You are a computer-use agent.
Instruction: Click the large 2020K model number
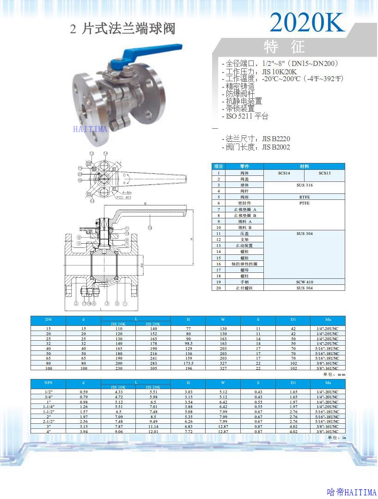pyautogui.click(x=307, y=22)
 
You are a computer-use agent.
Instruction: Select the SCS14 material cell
pyautogui.click(x=284, y=173)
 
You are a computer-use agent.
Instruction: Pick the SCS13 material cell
pyautogui.click(x=324, y=173)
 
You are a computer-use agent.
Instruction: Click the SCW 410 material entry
pyautogui.click(x=304, y=282)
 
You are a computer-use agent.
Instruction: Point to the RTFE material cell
pyautogui.click(x=304, y=197)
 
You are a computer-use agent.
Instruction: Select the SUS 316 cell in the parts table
pyautogui.click(x=304, y=185)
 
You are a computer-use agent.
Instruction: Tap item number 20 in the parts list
pyautogui.click(x=219, y=288)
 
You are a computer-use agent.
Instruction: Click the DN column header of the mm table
pyautogui.click(x=49, y=319)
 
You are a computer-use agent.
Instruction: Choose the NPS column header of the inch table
pyautogui.click(x=49, y=383)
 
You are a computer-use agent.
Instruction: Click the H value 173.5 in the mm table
pyautogui.click(x=188, y=363)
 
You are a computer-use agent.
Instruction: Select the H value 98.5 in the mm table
pyautogui.click(x=188, y=343)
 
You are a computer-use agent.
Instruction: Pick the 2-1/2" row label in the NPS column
pyautogui.click(x=49, y=421)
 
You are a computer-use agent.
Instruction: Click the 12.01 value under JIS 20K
pyautogui.click(x=153, y=432)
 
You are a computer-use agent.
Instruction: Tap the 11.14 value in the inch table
pyautogui.click(x=153, y=427)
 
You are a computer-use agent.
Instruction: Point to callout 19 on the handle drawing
pyautogui.click(x=150, y=228)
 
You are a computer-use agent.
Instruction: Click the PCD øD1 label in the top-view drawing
pyautogui.click(x=124, y=197)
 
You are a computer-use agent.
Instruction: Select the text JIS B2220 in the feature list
pyautogui.click(x=276, y=138)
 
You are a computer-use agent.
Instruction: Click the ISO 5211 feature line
pyautogui.click(x=247, y=116)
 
